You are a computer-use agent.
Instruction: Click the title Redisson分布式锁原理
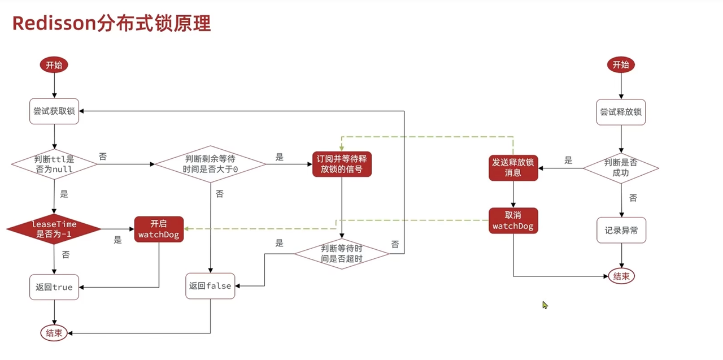111,24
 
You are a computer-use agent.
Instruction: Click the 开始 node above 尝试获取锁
54,65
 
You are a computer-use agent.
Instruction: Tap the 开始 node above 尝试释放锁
621,65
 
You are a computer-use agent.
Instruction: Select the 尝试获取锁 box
54,111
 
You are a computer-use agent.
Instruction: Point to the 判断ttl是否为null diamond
54,164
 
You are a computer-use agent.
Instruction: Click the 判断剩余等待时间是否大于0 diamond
211,164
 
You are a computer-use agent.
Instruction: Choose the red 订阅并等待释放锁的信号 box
342,164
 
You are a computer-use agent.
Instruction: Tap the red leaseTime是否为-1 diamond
54,229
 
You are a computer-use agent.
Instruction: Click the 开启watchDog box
159,229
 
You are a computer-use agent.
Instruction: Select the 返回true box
54,287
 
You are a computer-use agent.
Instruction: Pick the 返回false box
211,286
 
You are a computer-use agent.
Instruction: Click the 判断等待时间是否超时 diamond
342,253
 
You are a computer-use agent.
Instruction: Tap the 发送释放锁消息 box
513,168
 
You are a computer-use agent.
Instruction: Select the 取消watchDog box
513,220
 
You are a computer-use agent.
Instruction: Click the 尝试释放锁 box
621,112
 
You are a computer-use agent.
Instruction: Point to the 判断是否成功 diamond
621,168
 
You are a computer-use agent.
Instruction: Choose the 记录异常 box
621,231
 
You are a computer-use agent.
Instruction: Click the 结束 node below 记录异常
621,276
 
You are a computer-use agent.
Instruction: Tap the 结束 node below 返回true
54,333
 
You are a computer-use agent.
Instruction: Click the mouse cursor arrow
545,305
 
